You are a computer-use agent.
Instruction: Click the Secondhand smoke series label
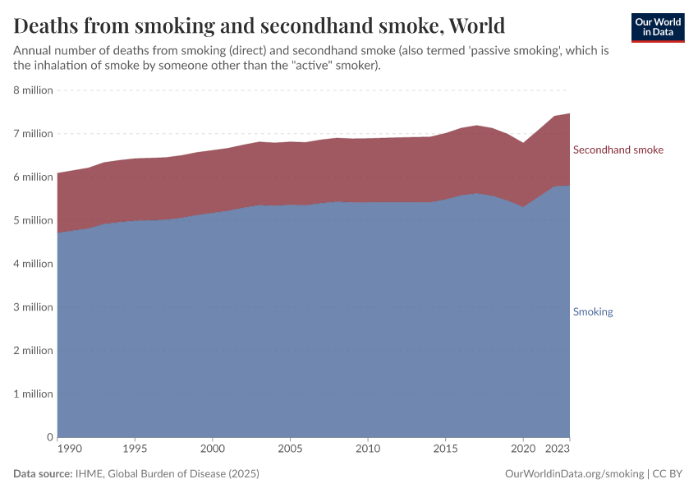tap(618, 150)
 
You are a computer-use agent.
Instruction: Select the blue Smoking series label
tap(592, 311)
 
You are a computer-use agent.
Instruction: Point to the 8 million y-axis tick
tap(33, 90)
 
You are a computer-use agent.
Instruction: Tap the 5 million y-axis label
tap(33, 220)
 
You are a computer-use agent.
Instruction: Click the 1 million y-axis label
tap(33, 394)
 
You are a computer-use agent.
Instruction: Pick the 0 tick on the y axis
tap(50, 437)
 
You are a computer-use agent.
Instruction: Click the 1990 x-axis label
tap(70, 449)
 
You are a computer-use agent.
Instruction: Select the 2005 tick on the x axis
tap(290, 449)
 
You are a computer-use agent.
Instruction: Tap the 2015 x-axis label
tap(445, 449)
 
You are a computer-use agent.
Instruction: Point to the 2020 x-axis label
tap(523, 449)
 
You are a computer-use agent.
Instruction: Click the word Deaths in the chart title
tap(49, 26)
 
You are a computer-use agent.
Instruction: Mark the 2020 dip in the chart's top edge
tap(523, 143)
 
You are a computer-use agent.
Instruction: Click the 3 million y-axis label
tap(33, 307)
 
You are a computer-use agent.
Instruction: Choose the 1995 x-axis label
tap(135, 449)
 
